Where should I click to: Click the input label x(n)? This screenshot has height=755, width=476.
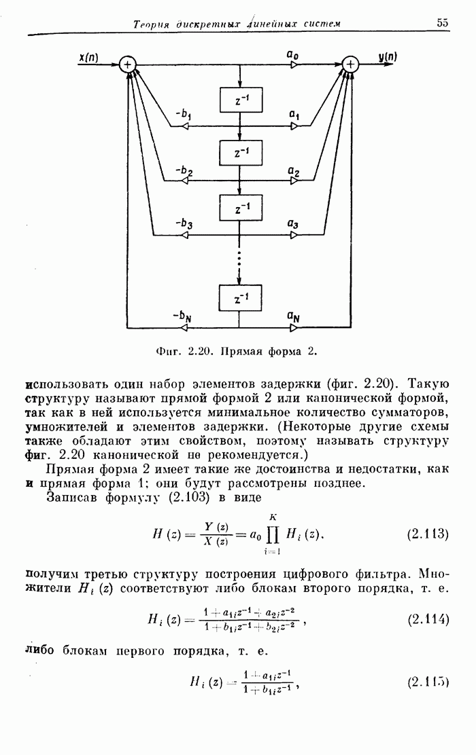pyautogui.click(x=88, y=58)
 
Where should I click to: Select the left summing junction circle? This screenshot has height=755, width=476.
pyautogui.click(x=127, y=65)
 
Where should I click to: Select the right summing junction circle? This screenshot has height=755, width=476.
pyautogui.click(x=350, y=65)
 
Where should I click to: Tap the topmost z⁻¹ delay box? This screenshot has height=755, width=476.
pyautogui.click(x=241, y=100)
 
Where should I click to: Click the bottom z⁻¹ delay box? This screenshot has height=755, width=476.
pyautogui.click(x=241, y=298)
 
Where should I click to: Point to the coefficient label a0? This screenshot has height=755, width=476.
pyautogui.click(x=294, y=53)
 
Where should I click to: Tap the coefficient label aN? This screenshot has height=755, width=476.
pyautogui.click(x=294, y=315)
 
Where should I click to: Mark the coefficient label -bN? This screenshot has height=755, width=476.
pyautogui.click(x=182, y=315)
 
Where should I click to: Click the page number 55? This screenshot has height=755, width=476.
pyautogui.click(x=443, y=22)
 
